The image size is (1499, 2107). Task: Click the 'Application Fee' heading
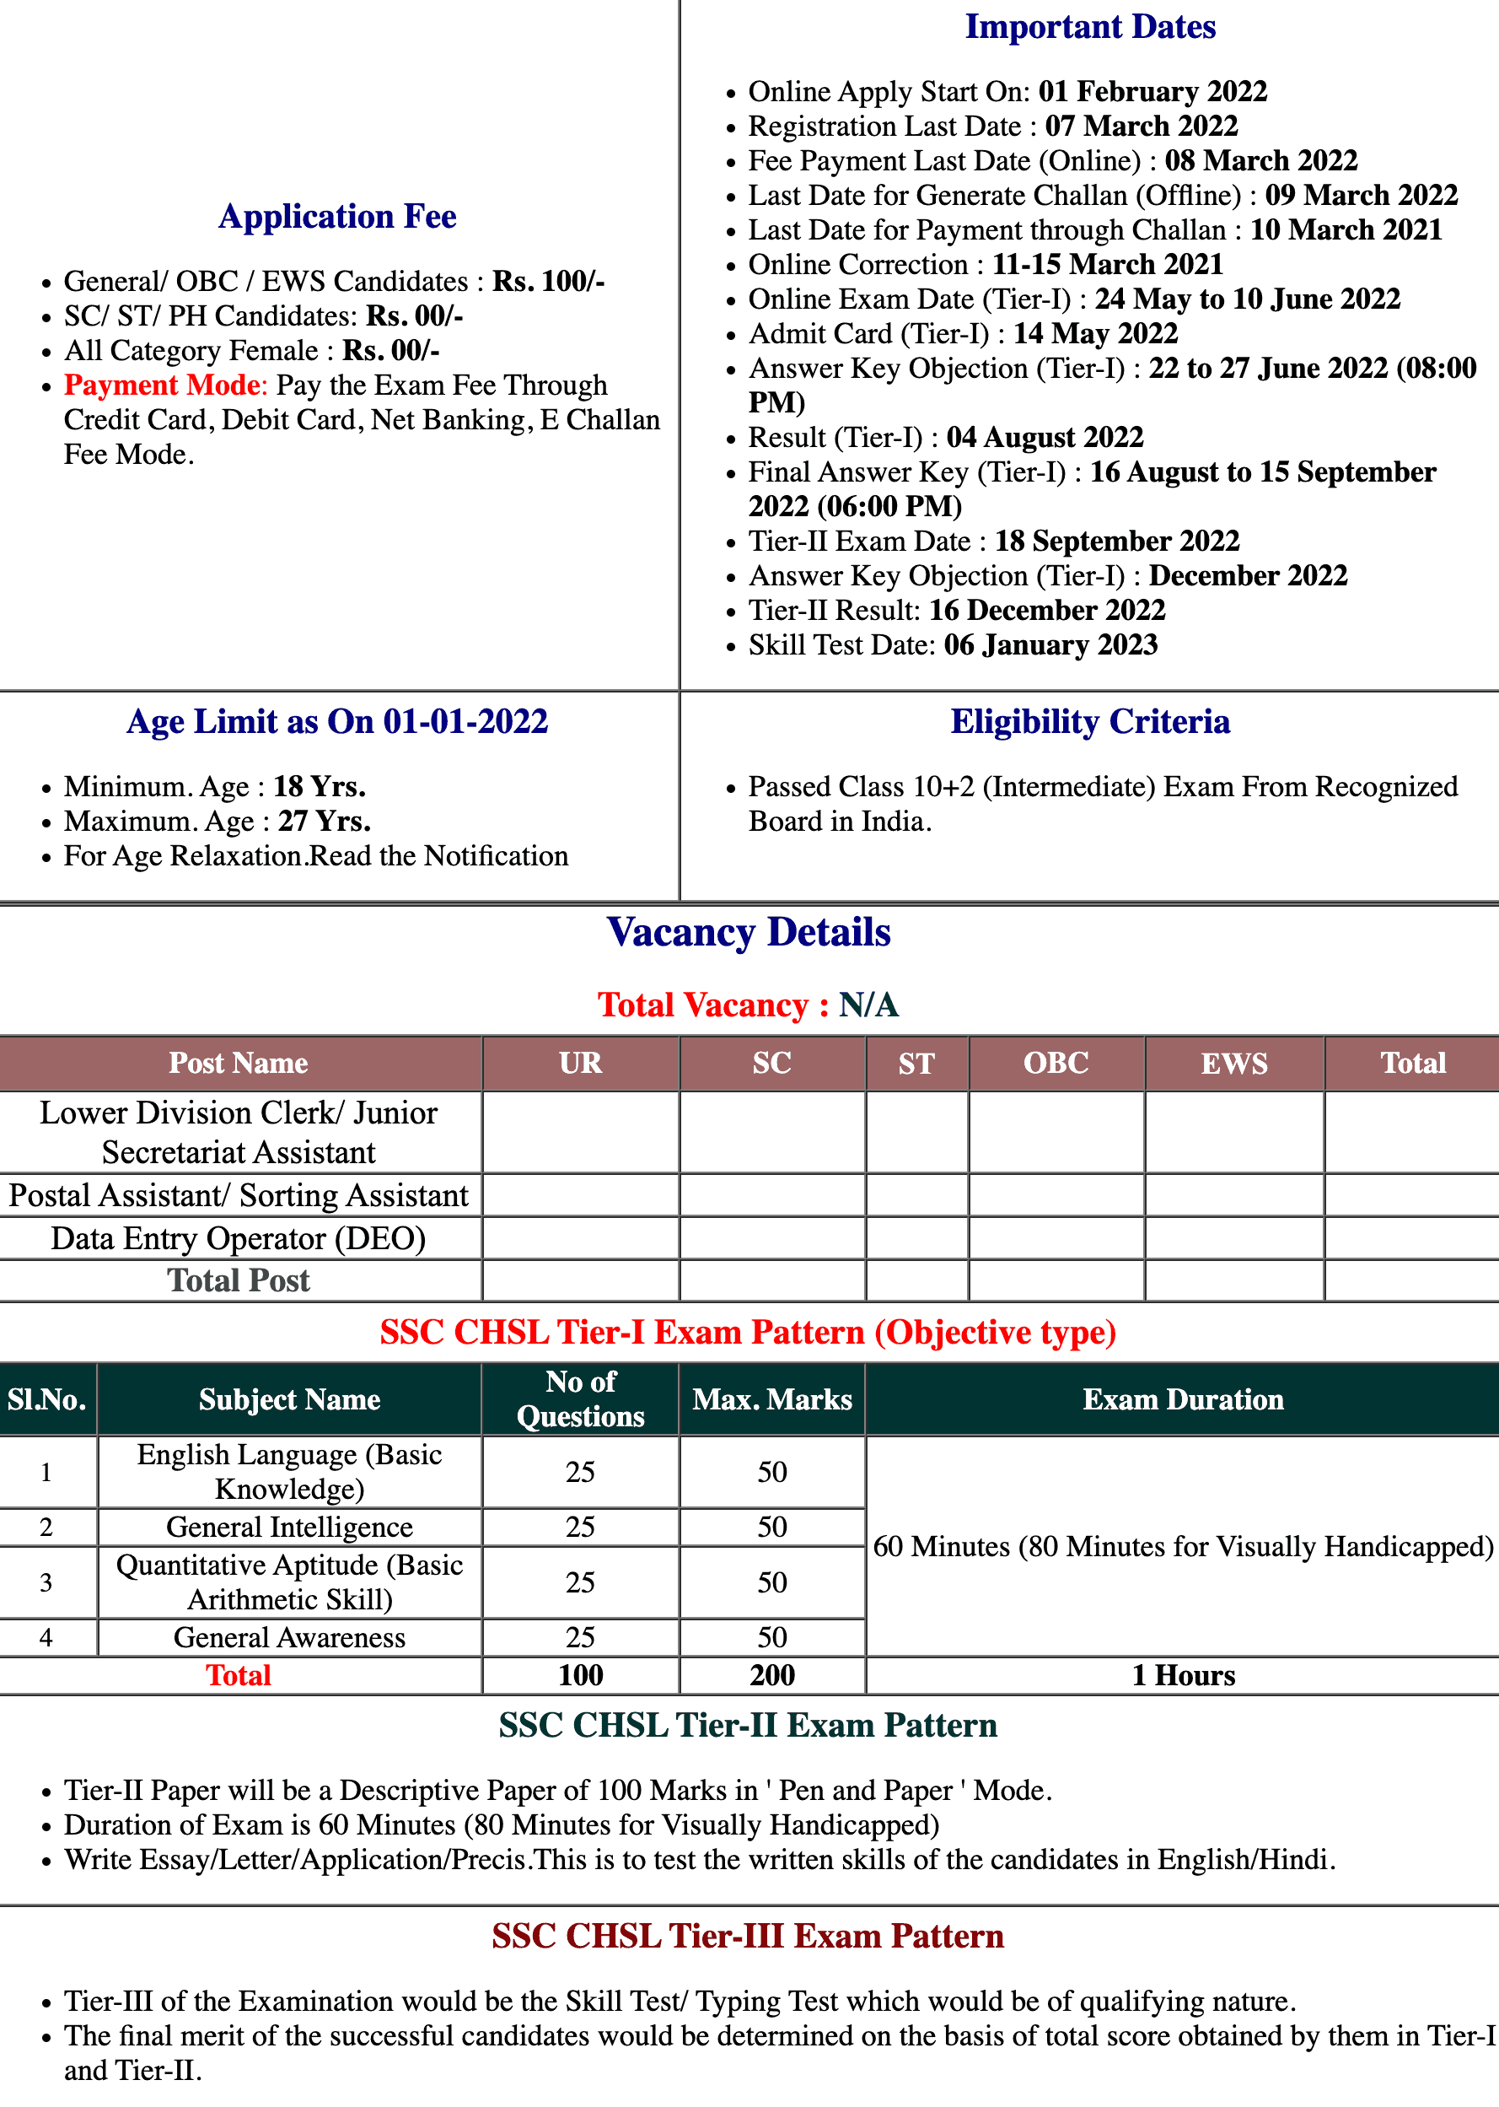[x=337, y=216]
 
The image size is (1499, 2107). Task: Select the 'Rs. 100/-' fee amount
[x=548, y=281]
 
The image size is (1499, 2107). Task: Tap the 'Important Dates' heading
[x=1089, y=27]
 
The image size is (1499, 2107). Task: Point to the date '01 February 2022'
[x=1152, y=91]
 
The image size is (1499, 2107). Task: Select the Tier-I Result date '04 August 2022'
[x=1044, y=437]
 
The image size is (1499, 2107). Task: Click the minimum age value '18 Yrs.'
[x=320, y=787]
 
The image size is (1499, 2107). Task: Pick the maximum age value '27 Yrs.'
[x=324, y=821]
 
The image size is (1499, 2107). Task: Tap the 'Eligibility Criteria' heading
[x=1089, y=722]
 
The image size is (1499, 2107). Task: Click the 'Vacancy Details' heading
[x=749, y=933]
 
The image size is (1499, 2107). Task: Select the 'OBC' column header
[x=1055, y=1063]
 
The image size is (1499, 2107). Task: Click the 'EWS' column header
[x=1233, y=1063]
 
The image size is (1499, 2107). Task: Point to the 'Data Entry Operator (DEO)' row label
[x=238, y=1238]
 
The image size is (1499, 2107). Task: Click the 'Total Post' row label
[x=238, y=1280]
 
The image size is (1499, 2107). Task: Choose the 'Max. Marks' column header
[x=771, y=1398]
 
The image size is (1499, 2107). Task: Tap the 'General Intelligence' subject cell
[x=289, y=1528]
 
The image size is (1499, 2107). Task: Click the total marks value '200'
[x=771, y=1675]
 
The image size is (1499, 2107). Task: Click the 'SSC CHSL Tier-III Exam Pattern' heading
[x=748, y=1936]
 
